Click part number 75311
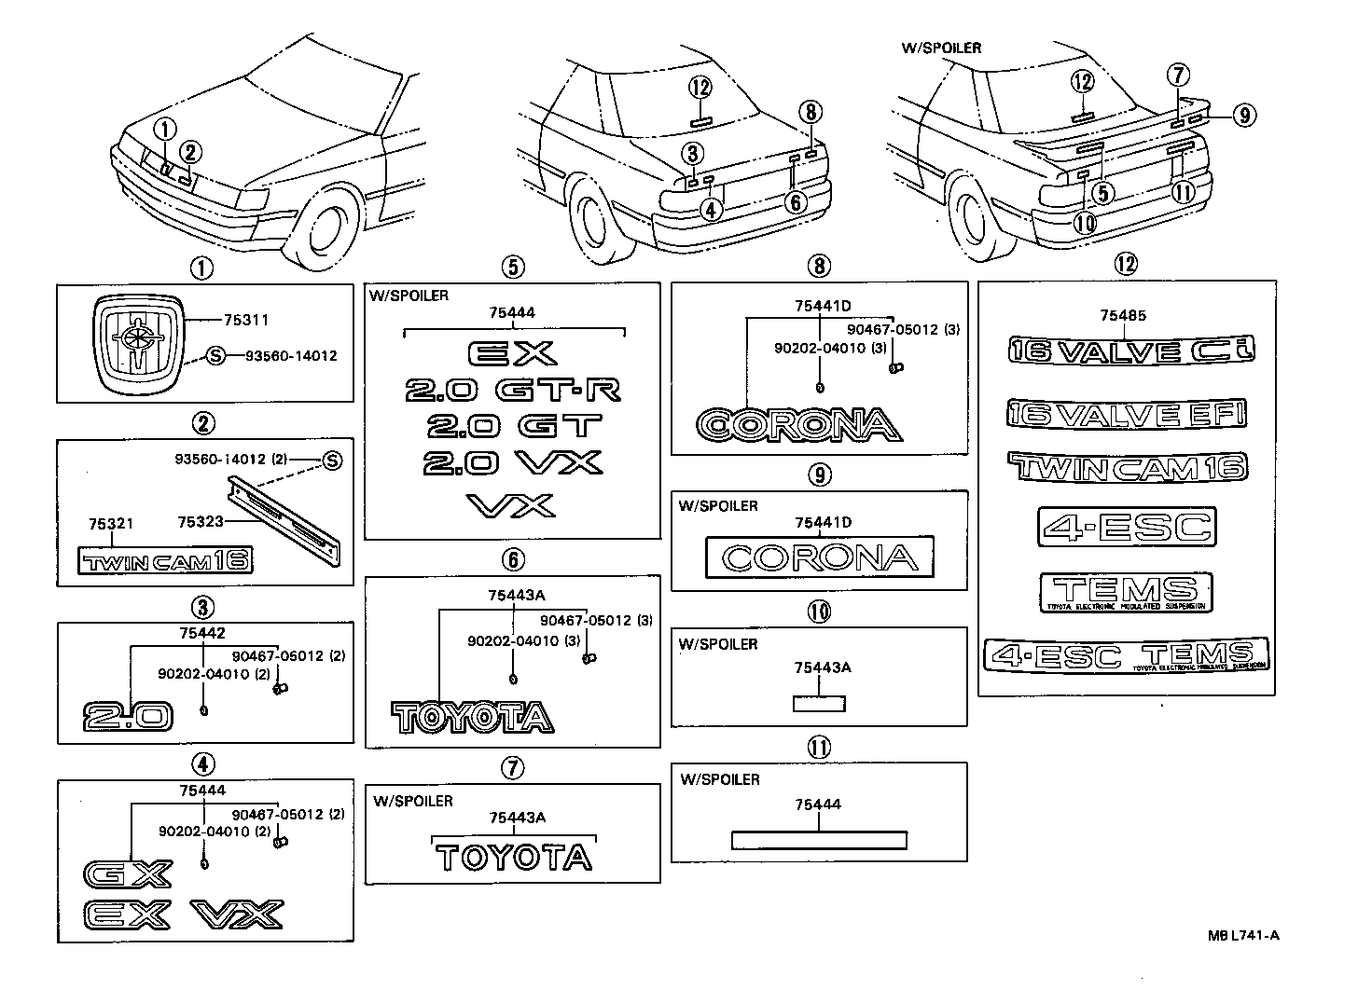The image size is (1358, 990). [x=246, y=321]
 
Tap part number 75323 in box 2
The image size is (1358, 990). [x=201, y=521]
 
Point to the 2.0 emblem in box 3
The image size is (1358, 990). [x=128, y=716]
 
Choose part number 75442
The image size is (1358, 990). [x=202, y=633]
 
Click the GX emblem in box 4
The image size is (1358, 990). [x=128, y=873]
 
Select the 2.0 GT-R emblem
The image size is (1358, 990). [x=512, y=390]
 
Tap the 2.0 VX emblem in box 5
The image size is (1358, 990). [x=512, y=462]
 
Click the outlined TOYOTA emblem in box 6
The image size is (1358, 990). [x=472, y=717]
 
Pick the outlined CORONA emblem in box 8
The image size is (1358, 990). [x=799, y=425]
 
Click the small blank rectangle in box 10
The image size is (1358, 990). [x=819, y=703]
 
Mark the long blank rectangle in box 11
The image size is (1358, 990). [x=819, y=840]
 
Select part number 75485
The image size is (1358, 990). [x=1123, y=315]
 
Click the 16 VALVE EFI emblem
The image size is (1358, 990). [x=1127, y=413]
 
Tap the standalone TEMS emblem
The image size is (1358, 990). [x=1126, y=592]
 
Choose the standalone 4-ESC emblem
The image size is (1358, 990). [x=1127, y=527]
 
